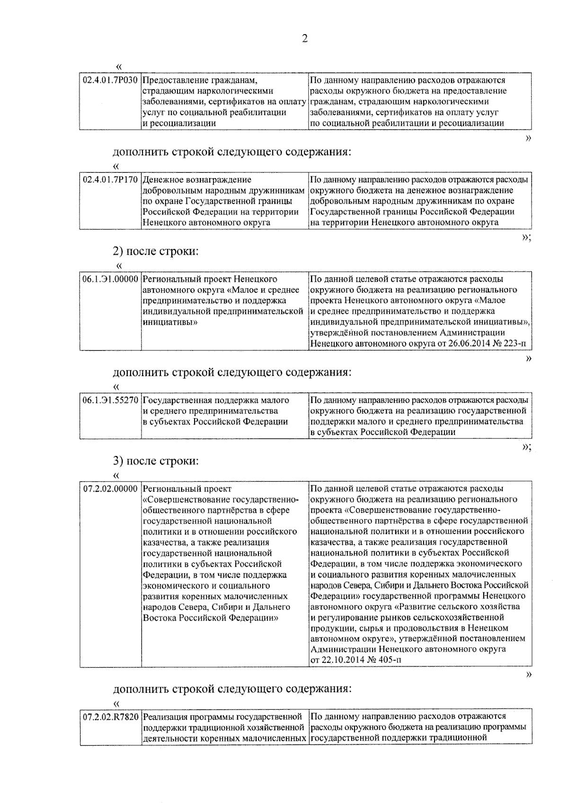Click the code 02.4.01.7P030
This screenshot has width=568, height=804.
point(110,80)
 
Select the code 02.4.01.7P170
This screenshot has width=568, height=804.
point(110,179)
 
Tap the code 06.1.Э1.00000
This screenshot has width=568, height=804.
point(110,279)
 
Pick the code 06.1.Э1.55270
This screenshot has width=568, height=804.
point(110,400)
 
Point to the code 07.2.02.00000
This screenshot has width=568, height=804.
point(110,488)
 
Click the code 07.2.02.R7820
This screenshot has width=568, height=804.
point(110,716)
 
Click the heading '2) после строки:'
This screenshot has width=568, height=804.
point(156,251)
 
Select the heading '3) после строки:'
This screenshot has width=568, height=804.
point(156,460)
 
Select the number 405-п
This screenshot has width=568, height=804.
point(387,660)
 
